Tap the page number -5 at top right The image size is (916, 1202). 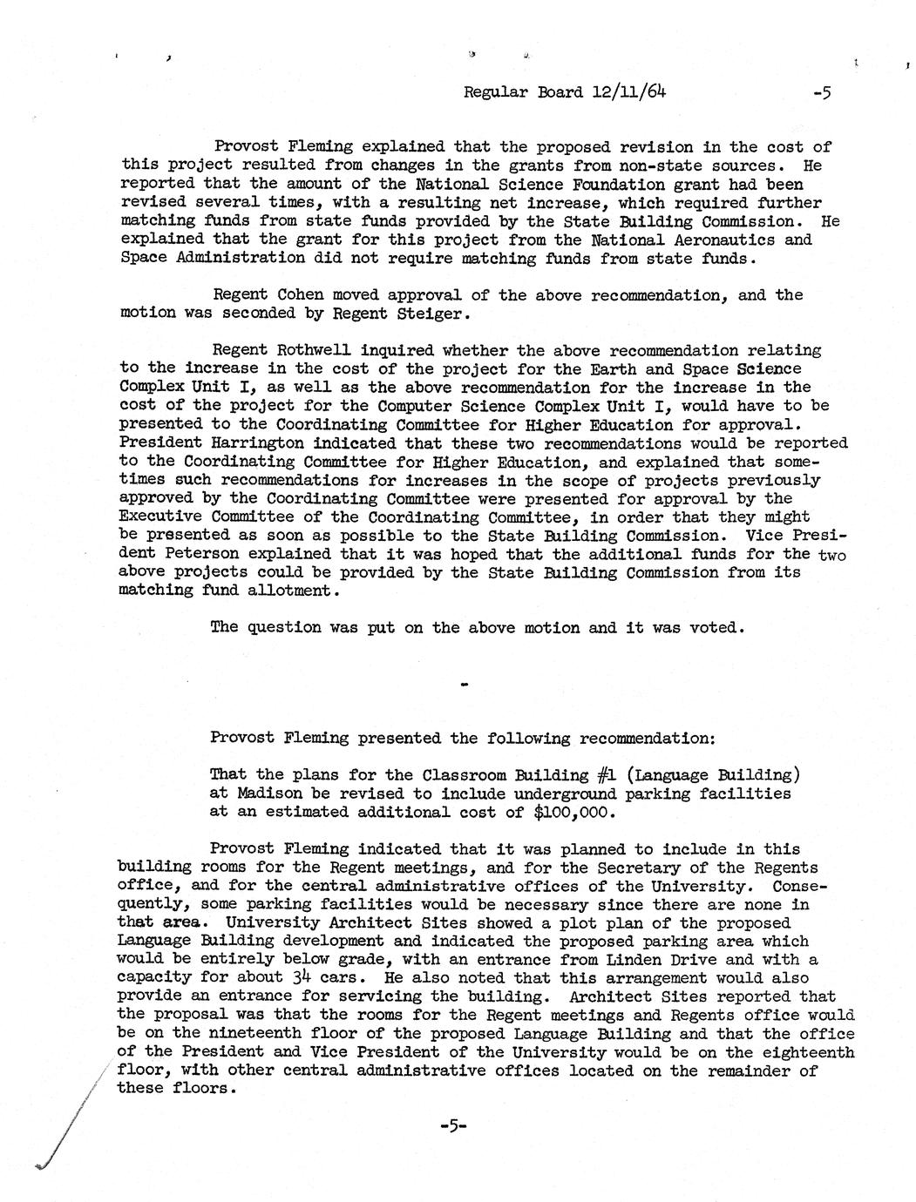click(x=821, y=91)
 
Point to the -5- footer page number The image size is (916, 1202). click(x=454, y=1125)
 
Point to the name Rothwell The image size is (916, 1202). click(x=308, y=351)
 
